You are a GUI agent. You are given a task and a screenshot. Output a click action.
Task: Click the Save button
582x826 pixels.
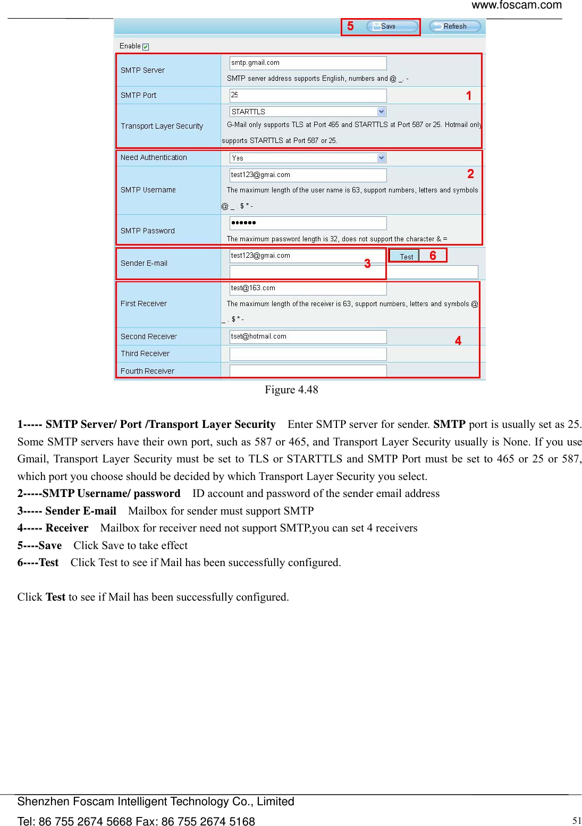392,27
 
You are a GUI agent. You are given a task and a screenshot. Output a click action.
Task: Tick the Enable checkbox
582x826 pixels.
146,47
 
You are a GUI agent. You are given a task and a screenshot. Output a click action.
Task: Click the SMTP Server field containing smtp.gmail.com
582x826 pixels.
308,63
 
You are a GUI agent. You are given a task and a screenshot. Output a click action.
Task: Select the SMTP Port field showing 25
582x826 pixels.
308,95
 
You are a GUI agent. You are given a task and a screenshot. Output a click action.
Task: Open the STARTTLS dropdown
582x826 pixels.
308,112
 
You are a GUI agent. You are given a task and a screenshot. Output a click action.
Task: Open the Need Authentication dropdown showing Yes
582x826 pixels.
308,158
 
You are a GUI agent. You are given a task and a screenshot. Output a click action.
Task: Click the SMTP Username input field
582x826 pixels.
308,175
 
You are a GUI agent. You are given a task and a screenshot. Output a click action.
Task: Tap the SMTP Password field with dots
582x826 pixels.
308,223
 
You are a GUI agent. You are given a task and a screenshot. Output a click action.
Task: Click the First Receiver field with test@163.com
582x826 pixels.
308,288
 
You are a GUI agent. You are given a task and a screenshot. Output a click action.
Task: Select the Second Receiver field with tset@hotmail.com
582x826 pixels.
308,336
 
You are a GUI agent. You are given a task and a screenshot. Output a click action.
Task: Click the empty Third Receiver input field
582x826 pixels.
308,354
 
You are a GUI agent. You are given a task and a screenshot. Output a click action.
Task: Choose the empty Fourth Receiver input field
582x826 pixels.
308,371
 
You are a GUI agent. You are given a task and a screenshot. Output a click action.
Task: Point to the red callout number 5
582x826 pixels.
350,26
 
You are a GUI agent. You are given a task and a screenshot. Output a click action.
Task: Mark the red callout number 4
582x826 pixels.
458,341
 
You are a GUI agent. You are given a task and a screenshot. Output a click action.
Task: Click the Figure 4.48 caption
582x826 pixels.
291,390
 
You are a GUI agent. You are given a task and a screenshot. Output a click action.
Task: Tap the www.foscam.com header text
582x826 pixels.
516,5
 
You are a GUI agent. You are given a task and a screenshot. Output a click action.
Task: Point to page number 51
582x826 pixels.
577,821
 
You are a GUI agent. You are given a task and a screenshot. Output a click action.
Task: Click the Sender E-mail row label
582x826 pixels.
144,263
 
